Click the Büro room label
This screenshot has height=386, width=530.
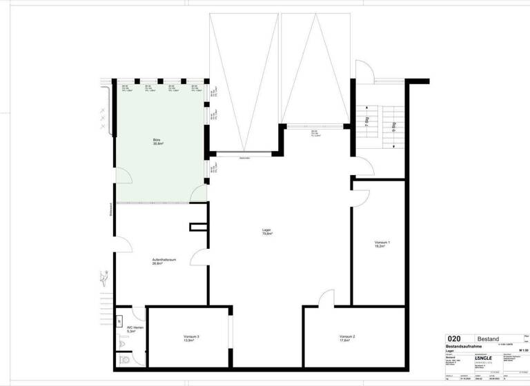click(157, 142)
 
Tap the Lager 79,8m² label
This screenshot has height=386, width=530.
click(266, 232)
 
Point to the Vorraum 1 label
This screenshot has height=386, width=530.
click(382, 244)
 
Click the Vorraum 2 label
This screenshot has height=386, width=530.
click(347, 338)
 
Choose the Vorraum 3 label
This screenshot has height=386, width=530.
click(191, 338)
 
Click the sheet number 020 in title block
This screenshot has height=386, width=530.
click(454, 338)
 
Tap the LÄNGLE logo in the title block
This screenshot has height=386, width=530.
click(484, 359)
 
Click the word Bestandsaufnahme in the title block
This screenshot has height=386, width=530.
click(469, 346)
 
